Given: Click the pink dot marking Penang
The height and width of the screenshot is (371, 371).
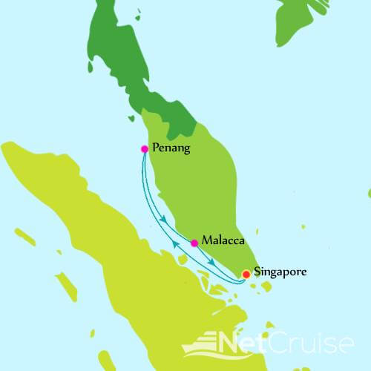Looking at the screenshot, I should coord(144,148).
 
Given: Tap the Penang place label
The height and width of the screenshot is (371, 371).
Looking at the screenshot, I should coord(171,148).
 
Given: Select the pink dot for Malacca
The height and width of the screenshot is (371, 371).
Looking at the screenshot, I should coord(194,243).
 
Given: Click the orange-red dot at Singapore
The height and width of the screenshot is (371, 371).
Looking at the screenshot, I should coord(246,275).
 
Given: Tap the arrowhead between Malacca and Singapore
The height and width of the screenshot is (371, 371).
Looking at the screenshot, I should coord(212,263).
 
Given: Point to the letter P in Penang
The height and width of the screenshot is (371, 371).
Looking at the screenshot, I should coord(154,148).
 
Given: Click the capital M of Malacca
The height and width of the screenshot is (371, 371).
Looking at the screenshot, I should coord(206,241).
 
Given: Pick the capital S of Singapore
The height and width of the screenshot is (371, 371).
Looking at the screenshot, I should coord(257,272).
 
